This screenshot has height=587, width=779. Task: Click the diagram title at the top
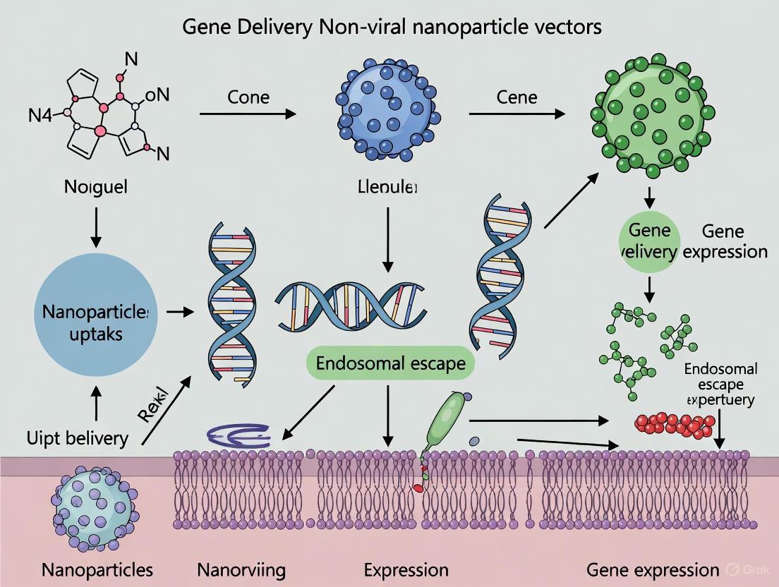(x=392, y=27)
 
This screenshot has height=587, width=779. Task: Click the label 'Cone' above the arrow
(x=248, y=96)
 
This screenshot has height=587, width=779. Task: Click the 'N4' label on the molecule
(x=40, y=116)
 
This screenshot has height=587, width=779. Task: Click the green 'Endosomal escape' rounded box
(x=390, y=364)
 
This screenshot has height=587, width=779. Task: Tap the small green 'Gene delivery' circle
(x=648, y=241)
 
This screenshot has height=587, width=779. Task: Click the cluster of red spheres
(x=673, y=423)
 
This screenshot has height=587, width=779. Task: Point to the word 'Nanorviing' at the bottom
(x=242, y=569)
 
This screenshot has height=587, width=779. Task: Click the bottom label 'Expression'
(x=406, y=569)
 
